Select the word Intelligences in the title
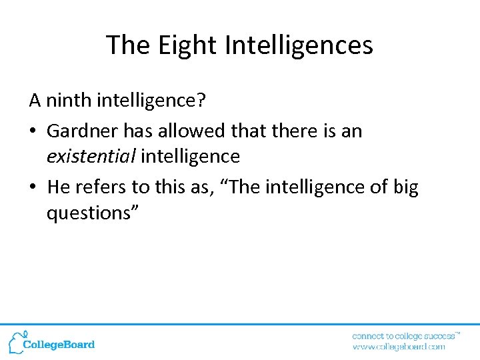click(x=299, y=45)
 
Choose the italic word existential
click(x=91, y=157)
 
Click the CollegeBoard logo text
click(x=59, y=345)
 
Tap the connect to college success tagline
click(x=405, y=335)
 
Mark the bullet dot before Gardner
click(x=34, y=131)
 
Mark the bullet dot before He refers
click(x=34, y=188)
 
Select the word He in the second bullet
click(x=59, y=187)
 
